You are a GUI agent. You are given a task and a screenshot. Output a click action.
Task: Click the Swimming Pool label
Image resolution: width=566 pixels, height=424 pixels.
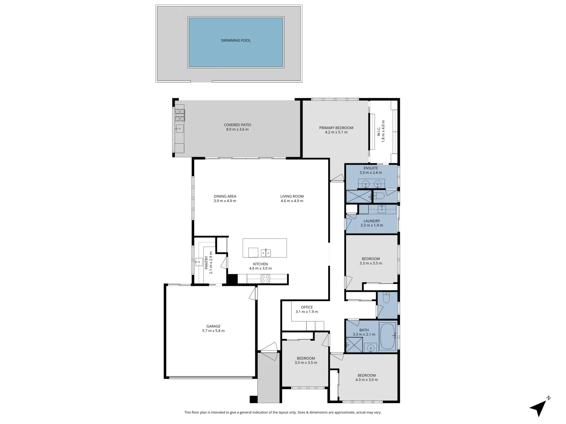(x=235, y=40)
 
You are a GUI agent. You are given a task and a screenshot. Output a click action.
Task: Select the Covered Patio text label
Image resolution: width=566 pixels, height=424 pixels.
(x=237, y=125)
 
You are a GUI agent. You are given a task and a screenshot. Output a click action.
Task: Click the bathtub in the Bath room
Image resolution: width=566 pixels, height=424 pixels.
(x=389, y=336)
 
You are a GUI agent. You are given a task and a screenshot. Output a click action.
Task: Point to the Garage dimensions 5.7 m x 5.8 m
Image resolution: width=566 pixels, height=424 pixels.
(x=213, y=331)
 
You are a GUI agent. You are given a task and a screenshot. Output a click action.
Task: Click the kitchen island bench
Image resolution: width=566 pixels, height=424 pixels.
(x=264, y=248)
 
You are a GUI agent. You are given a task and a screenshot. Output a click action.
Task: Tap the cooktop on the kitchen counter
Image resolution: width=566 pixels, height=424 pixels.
(x=265, y=278)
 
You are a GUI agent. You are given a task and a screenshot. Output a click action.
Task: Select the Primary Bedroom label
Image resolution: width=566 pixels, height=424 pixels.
(x=336, y=128)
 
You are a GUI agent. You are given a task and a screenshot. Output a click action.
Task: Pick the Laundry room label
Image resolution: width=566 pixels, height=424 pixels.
(x=371, y=221)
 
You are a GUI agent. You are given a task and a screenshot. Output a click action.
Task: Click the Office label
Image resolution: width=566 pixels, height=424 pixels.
(x=307, y=307)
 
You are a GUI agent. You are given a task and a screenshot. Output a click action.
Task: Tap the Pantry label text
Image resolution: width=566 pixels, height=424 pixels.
(x=206, y=262)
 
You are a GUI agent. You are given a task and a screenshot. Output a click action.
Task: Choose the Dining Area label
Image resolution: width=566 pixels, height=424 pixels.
(x=225, y=196)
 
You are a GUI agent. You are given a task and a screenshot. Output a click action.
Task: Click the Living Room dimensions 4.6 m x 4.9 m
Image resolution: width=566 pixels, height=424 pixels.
(x=292, y=201)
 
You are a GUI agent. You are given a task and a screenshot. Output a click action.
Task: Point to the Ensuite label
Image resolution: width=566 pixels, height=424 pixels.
(x=371, y=168)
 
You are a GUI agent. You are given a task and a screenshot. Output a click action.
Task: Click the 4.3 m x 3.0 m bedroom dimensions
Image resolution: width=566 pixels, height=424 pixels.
(x=366, y=380)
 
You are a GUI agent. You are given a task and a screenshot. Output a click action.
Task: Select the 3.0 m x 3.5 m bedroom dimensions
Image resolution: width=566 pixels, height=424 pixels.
(x=305, y=363)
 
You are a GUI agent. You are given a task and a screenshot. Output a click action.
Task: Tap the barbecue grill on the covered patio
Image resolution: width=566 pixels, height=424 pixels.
(x=180, y=115)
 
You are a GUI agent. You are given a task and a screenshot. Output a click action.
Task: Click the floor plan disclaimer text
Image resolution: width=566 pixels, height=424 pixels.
(x=283, y=412)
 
